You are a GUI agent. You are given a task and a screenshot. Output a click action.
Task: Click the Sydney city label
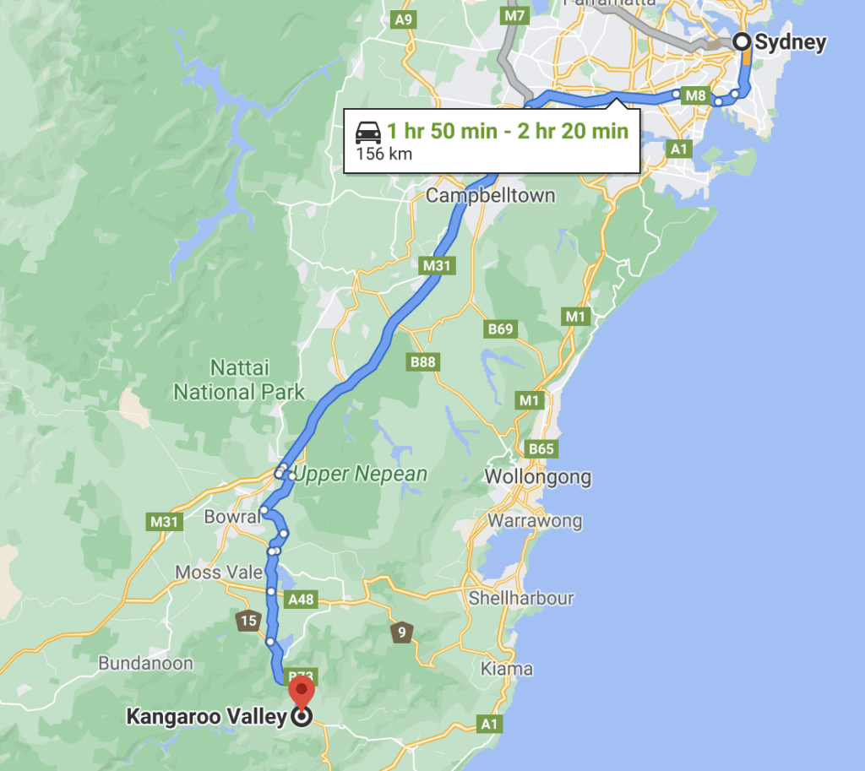click(790, 42)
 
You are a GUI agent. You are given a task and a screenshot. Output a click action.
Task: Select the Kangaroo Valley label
click(206, 718)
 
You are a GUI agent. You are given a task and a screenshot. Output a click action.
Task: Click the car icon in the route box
click(367, 132)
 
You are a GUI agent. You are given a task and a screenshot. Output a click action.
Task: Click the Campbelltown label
click(490, 196)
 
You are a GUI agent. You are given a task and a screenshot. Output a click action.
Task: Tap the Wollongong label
click(537, 477)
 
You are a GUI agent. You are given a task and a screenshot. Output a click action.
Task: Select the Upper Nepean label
click(361, 475)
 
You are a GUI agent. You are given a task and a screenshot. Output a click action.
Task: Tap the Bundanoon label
click(145, 663)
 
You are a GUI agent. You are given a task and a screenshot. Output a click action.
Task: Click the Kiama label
click(507, 669)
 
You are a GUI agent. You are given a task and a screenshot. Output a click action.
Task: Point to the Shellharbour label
click(521, 599)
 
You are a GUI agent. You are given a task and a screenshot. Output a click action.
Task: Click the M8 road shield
click(695, 95)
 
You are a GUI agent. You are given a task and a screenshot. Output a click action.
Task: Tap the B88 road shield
click(423, 362)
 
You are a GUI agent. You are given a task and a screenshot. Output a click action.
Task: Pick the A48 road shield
click(301, 600)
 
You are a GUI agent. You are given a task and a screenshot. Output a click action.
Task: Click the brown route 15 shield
click(248, 622)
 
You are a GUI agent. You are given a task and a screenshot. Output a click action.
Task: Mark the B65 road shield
click(541, 448)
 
